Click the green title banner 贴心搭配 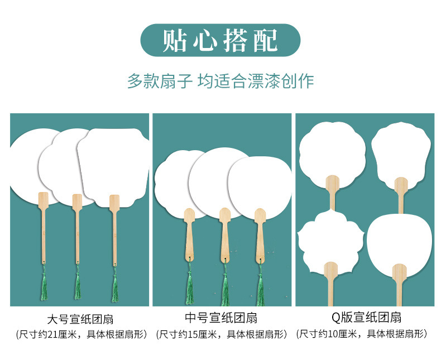(x=220, y=40)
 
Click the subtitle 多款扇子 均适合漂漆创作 (x=220, y=81)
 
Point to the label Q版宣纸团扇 (x=366, y=319)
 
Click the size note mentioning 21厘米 (x=81, y=335)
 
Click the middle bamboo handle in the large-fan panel (x=76, y=229)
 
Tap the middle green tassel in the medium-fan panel (x=225, y=287)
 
